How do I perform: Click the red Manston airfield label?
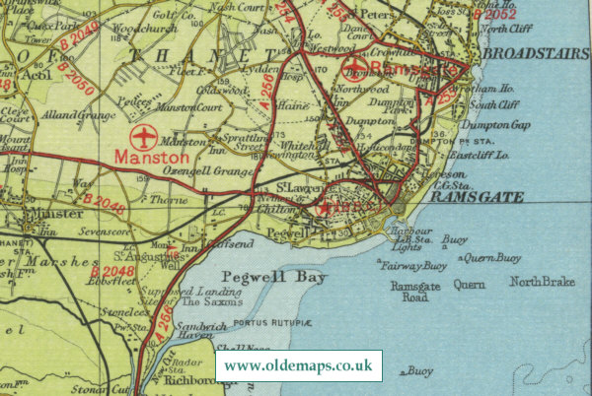point(150,156)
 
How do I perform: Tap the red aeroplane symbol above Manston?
point(145,135)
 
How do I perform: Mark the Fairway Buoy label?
point(413,265)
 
